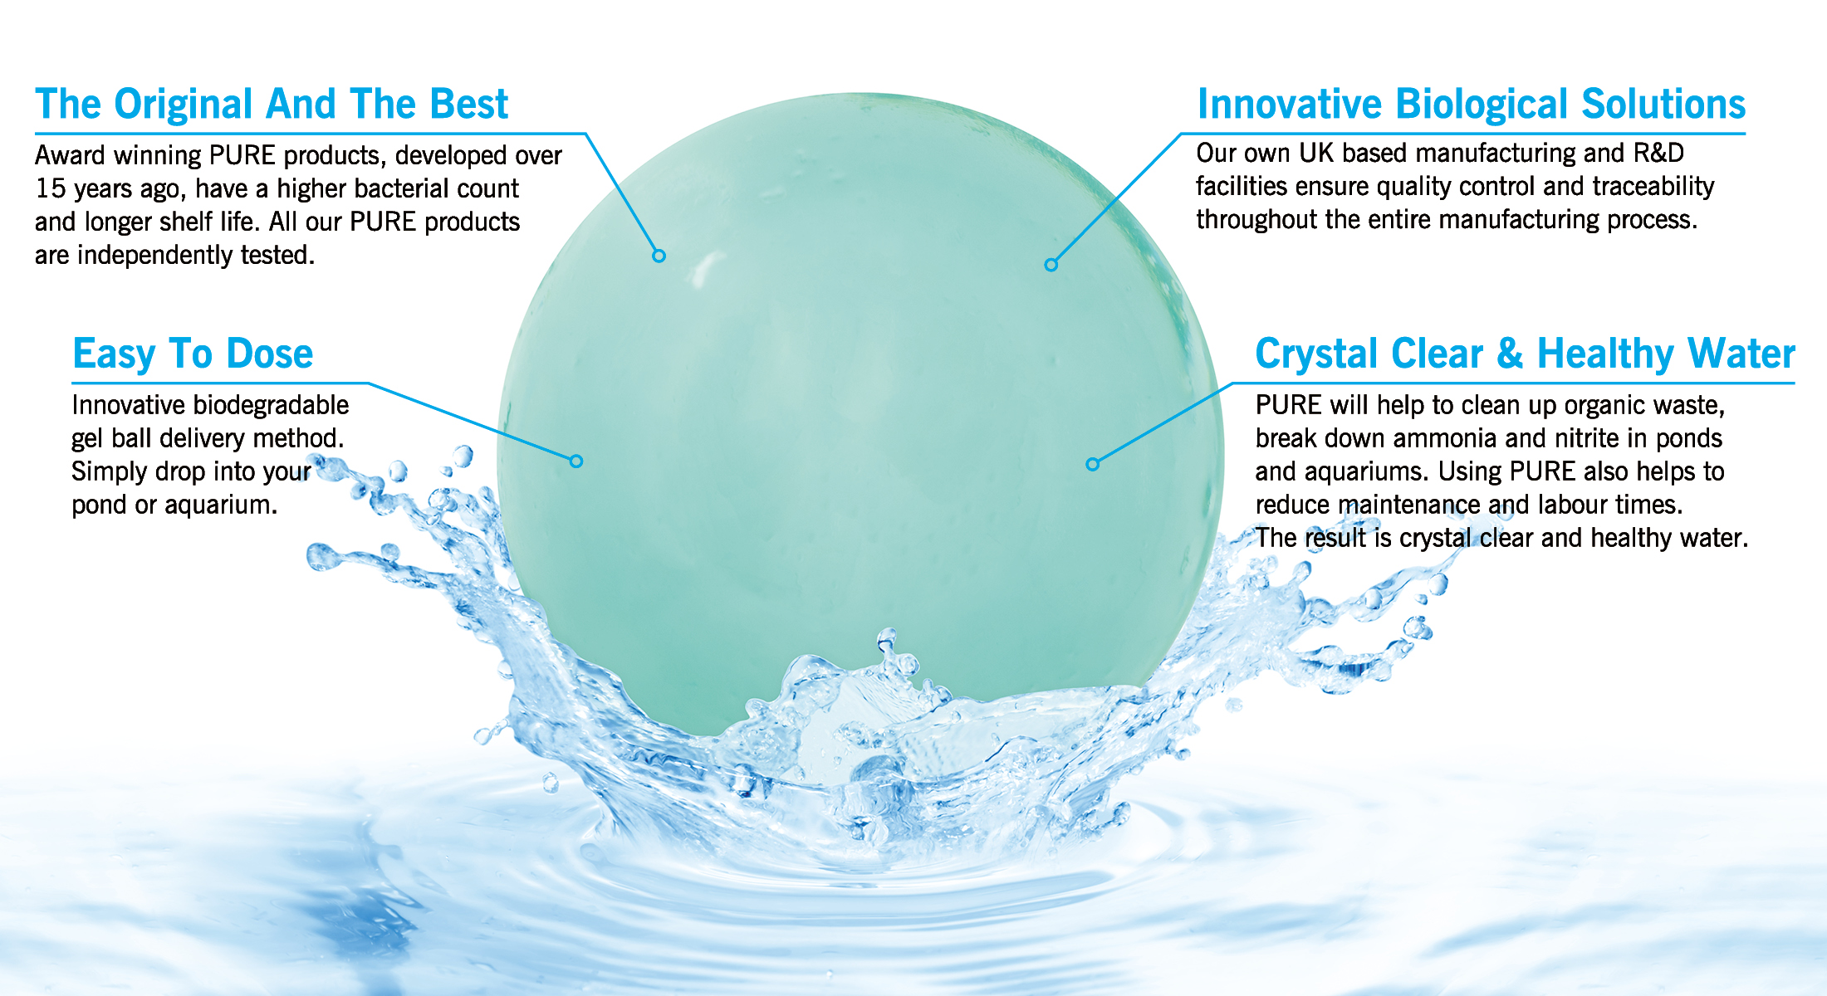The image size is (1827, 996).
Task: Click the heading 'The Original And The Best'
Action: tap(271, 105)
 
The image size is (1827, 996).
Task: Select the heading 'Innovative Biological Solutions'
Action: tap(1471, 105)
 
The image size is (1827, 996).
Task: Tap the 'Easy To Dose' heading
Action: tap(193, 354)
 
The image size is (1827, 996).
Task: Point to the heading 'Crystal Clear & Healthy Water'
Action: tap(1525, 354)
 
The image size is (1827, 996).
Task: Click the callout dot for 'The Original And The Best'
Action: tap(659, 256)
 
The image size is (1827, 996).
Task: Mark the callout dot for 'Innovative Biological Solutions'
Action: tap(1051, 265)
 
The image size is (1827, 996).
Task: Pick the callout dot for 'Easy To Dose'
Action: tap(576, 461)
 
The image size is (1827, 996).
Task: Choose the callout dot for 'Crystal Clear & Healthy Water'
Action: tap(1093, 464)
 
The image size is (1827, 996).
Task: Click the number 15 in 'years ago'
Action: tap(50, 189)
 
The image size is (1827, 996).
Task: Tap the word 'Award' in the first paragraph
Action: tap(70, 156)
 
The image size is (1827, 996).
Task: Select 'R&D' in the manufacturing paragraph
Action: tap(1658, 154)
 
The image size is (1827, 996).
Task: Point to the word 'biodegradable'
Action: tap(271, 405)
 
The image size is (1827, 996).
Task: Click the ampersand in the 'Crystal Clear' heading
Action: tap(1509, 354)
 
